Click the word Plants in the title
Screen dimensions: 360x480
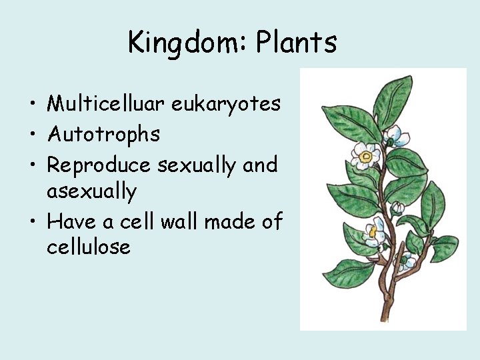[x=296, y=43]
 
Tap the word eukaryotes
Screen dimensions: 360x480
[x=226, y=105]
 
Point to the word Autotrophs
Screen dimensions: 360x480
[x=103, y=134]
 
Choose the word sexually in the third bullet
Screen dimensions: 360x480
[x=197, y=164]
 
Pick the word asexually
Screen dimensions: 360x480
[x=91, y=192]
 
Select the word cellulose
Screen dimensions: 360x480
[x=89, y=247]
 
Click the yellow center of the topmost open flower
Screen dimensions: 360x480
[x=365, y=158]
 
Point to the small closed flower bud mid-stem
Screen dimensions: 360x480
[x=397, y=208]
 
